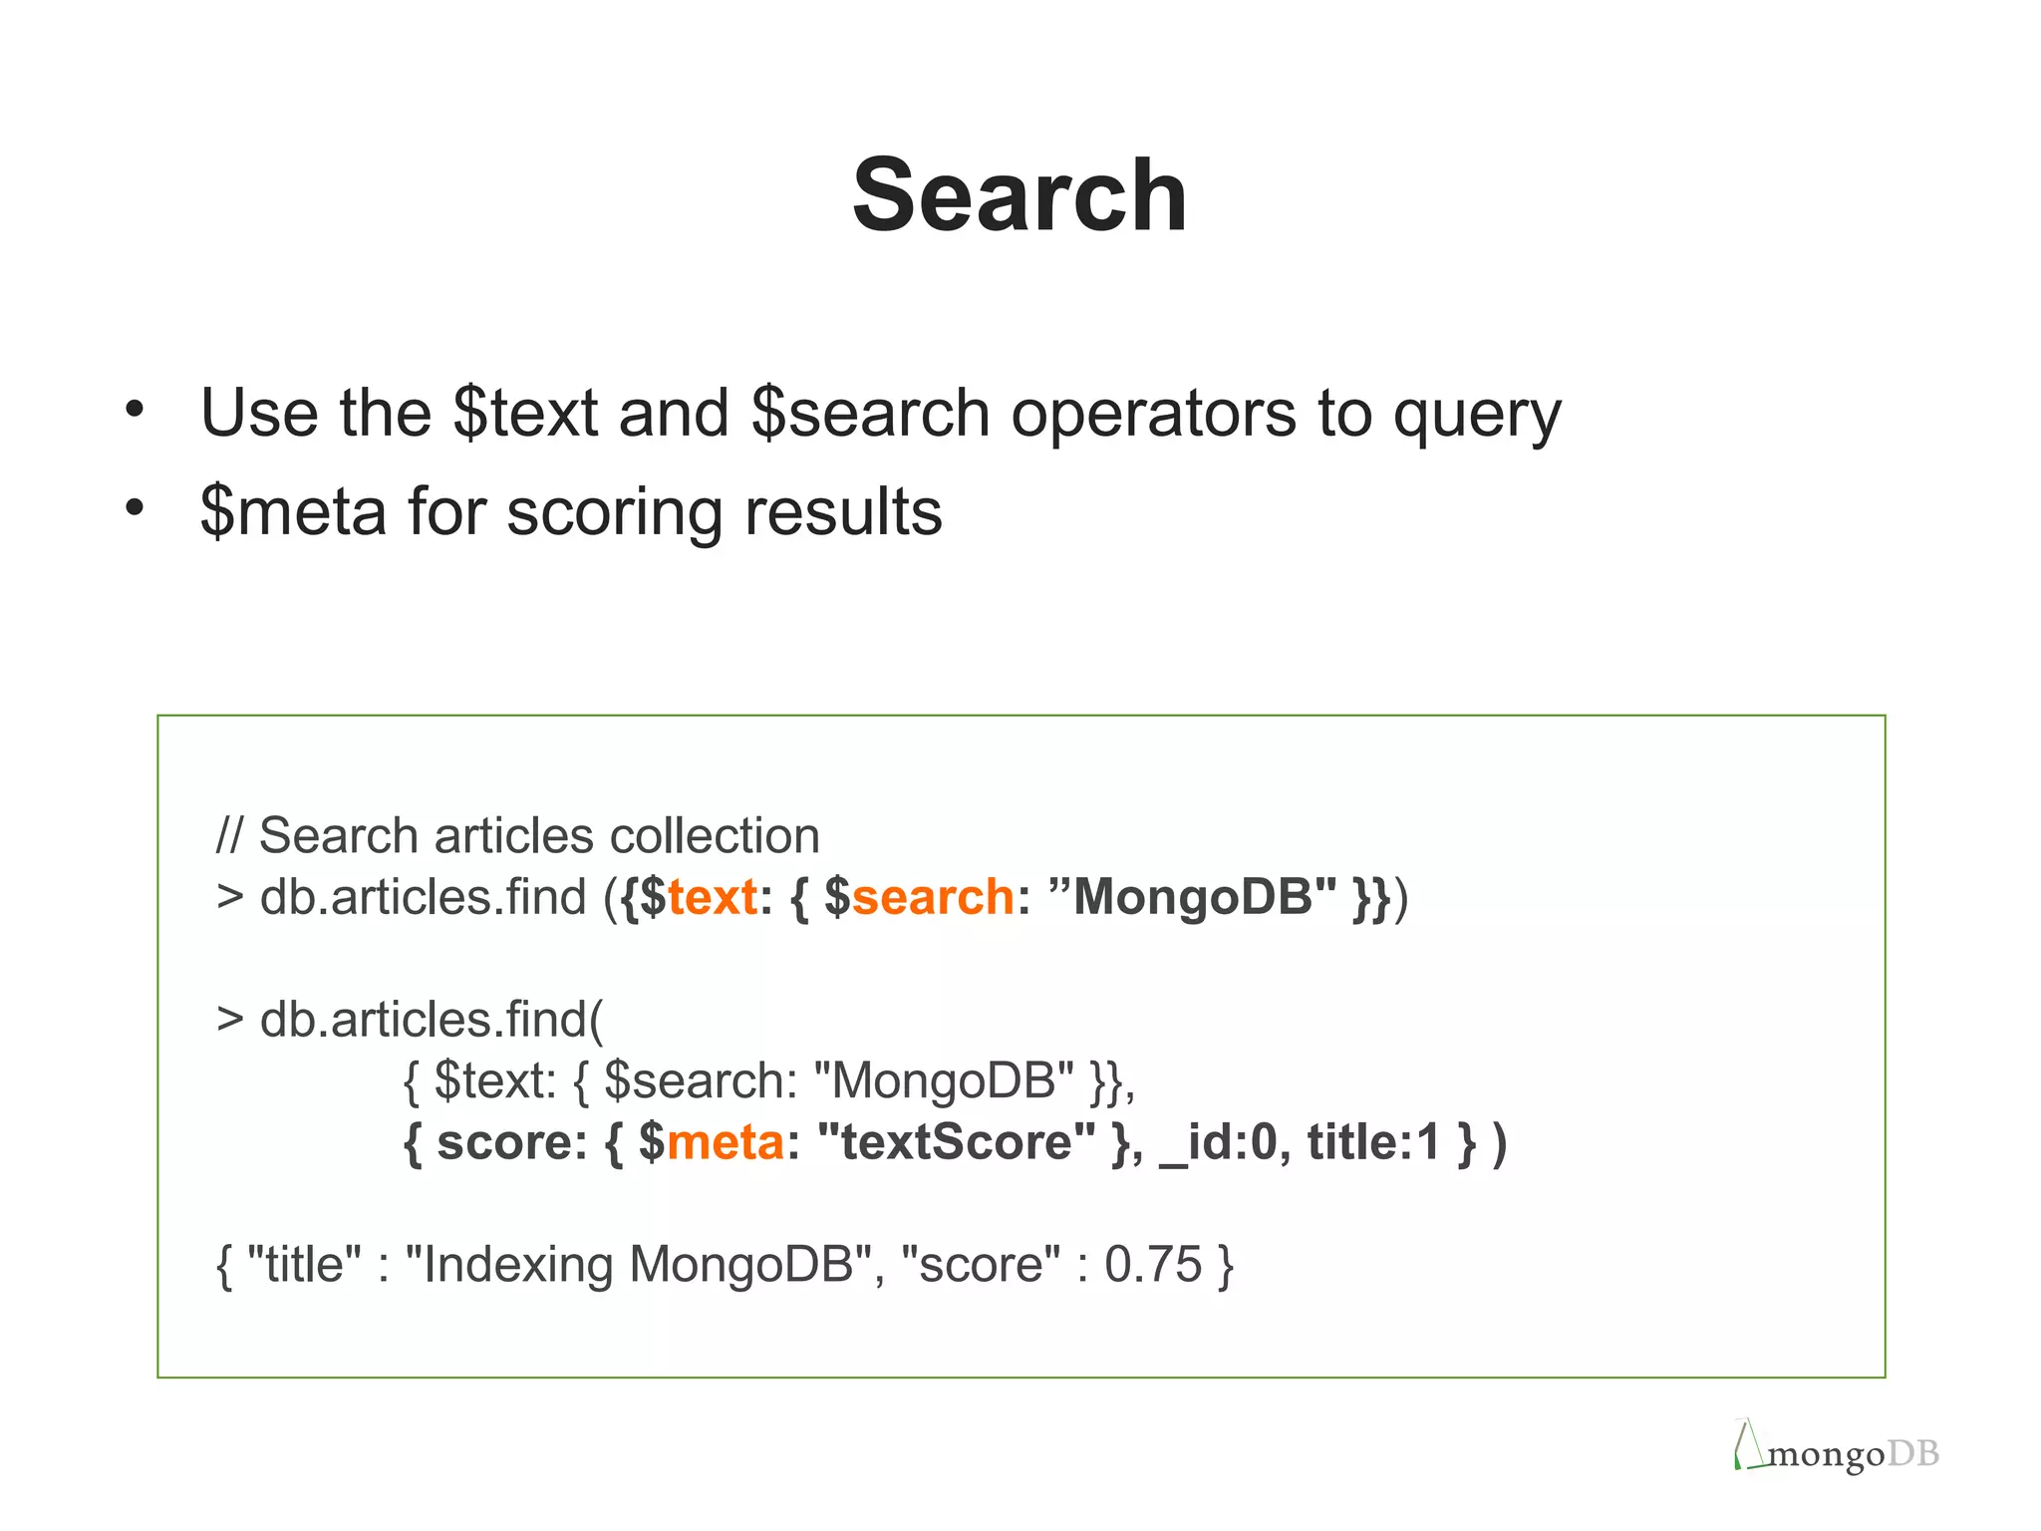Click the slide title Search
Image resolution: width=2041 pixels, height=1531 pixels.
pyautogui.click(x=1020, y=195)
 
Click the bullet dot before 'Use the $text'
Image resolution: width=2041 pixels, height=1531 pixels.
pyautogui.click(x=135, y=409)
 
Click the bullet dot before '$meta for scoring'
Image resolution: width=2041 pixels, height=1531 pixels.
pyautogui.click(x=135, y=508)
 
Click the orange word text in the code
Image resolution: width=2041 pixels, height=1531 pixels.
pyautogui.click(x=712, y=896)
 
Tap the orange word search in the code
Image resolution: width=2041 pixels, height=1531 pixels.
pyautogui.click(x=933, y=896)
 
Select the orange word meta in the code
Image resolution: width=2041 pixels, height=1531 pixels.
pyautogui.click(x=725, y=1142)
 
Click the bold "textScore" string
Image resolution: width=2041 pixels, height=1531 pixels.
pyautogui.click(x=956, y=1142)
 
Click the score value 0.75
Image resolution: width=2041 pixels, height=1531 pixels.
pyautogui.click(x=1153, y=1264)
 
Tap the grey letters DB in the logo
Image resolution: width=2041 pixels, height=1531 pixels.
pyautogui.click(x=1912, y=1454)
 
